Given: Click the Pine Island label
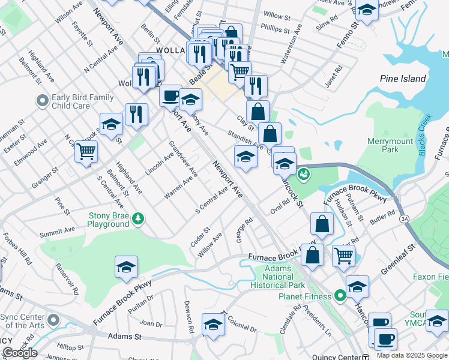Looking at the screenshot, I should pyautogui.click(x=403, y=79).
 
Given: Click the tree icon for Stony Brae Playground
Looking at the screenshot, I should pyautogui.click(x=139, y=217).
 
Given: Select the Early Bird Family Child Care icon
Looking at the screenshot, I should pyautogui.click(x=41, y=101).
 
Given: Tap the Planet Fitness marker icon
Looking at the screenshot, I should pyautogui.click(x=340, y=296).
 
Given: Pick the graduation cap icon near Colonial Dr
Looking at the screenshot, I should pyautogui.click(x=213, y=325).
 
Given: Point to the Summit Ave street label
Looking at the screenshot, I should pyautogui.click(x=57, y=230).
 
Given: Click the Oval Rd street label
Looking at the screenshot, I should pyautogui.click(x=280, y=206).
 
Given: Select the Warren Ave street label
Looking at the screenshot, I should pyautogui.click(x=178, y=187).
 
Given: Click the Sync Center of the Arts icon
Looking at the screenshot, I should pyautogui.click(x=53, y=320).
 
